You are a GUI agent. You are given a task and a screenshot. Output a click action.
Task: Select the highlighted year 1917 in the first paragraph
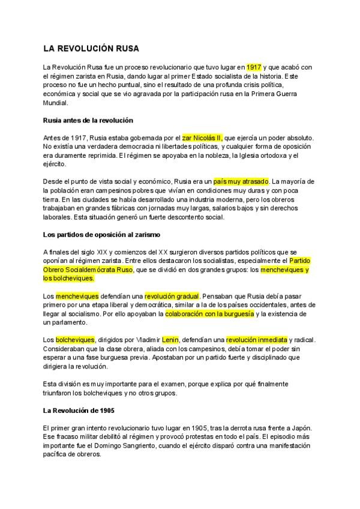[254, 67]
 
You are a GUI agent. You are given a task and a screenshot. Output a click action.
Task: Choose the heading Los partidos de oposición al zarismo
[105, 233]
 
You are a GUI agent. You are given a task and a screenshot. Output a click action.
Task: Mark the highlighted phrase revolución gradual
[172, 296]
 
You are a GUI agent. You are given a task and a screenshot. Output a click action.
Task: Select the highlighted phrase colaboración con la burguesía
[209, 313]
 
